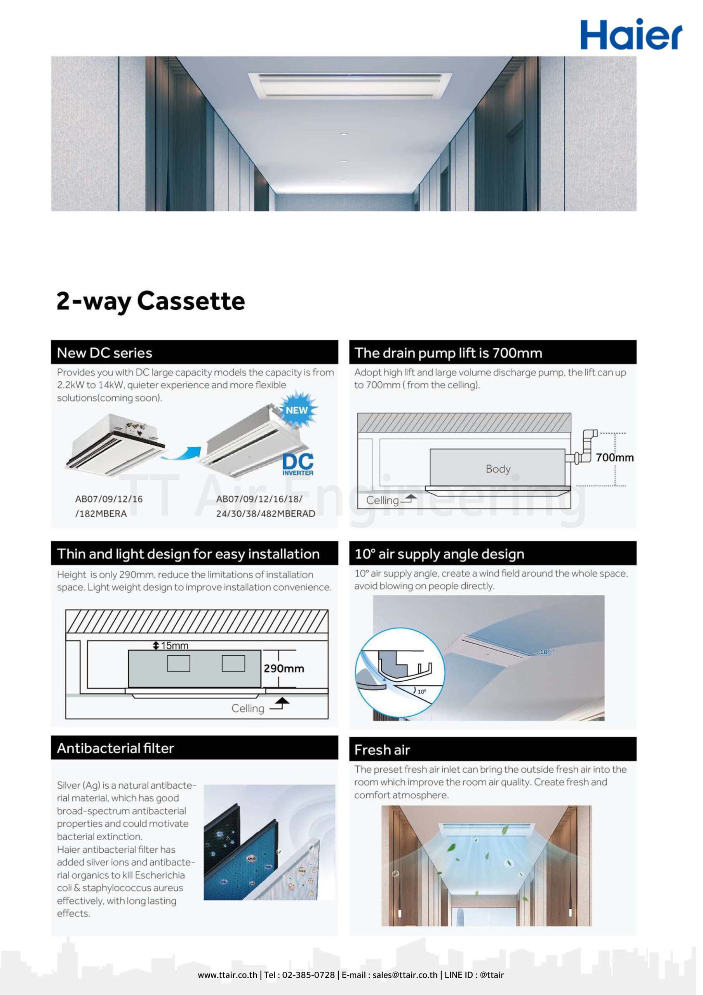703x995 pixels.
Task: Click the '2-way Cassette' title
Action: tap(151, 301)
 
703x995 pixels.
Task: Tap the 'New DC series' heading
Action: tap(104, 353)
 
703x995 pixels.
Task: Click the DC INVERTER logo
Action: tap(298, 464)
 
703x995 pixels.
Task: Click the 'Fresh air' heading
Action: tap(382, 750)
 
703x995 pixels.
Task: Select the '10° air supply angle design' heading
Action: tap(439, 554)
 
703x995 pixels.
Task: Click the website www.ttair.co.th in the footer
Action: tap(227, 975)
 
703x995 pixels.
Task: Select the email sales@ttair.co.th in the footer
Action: tap(405, 975)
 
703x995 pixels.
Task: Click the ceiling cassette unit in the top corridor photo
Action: tap(350, 84)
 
